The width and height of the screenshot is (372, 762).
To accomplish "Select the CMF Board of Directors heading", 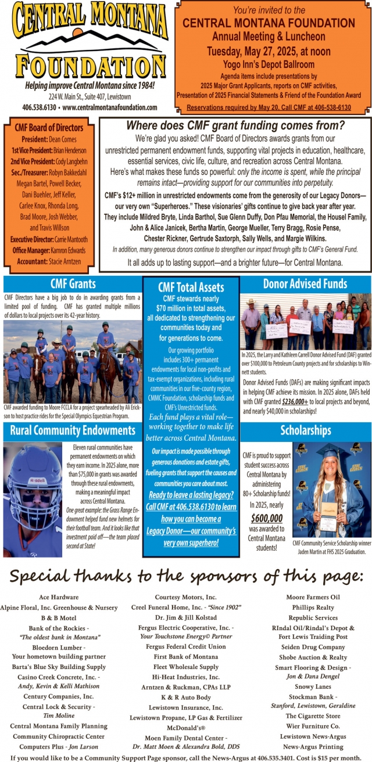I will (49, 128).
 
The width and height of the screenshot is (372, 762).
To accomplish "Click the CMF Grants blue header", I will (73, 284).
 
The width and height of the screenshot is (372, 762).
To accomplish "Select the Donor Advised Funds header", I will (305, 284).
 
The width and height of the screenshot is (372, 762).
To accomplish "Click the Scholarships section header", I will (305, 431).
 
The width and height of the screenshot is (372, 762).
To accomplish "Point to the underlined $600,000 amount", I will (267, 519).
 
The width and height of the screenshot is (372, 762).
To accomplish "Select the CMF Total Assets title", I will (191, 287).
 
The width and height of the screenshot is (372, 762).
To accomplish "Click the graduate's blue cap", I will (334, 452).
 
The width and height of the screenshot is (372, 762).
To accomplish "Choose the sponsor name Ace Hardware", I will (59, 597).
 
